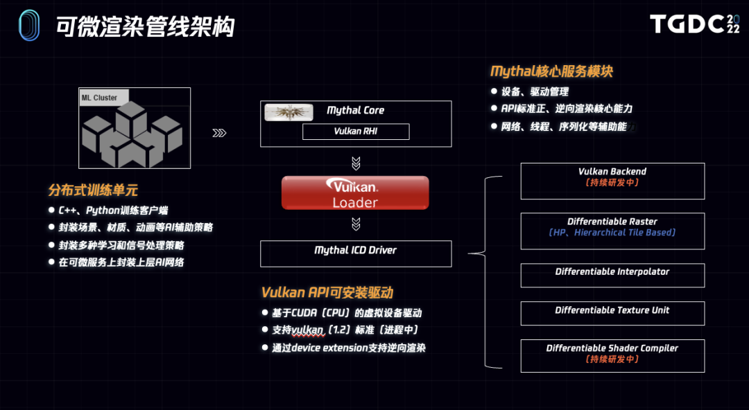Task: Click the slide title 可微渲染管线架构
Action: pyautogui.click(x=145, y=26)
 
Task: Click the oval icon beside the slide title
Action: pyautogui.click(x=28, y=26)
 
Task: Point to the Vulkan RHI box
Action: pyautogui.click(x=356, y=132)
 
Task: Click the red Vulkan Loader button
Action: pyautogui.click(x=355, y=193)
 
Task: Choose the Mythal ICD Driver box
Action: pyautogui.click(x=356, y=253)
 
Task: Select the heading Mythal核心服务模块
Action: pyautogui.click(x=551, y=71)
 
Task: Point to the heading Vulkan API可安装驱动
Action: pyautogui.click(x=327, y=292)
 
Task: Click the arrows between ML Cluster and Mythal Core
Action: pyautogui.click(x=219, y=133)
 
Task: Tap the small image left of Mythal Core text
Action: pyautogui.click(x=289, y=112)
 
